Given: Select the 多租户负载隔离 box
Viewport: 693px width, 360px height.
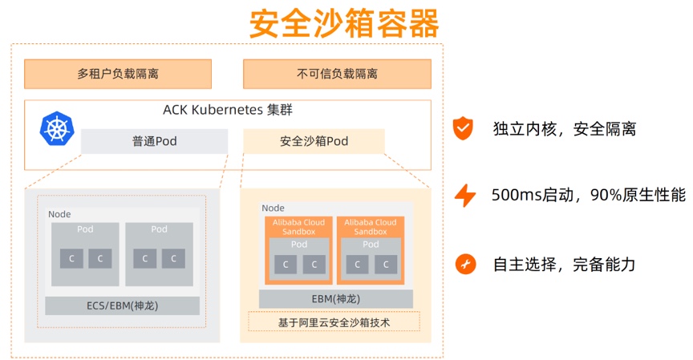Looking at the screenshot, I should [118, 74].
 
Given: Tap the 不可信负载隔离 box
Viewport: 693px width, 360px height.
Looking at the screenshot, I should [337, 74].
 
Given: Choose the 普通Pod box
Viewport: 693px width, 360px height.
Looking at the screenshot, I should [155, 141].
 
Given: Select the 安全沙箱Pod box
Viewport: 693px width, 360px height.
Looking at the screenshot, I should [314, 141].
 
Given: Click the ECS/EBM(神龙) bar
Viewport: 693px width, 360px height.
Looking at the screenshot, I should [122, 305].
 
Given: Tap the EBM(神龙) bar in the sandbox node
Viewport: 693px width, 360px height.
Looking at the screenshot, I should [335, 299].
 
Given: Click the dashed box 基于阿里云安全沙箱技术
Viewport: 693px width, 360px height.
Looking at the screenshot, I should [334, 322].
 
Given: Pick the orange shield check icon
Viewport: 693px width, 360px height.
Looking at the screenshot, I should [464, 128].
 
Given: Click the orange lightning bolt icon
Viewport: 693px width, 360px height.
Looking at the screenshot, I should [464, 195].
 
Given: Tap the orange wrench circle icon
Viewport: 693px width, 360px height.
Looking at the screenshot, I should [464, 263].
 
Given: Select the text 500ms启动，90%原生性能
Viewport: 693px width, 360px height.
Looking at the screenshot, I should [589, 195].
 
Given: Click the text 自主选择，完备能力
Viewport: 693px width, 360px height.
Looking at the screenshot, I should [565, 263].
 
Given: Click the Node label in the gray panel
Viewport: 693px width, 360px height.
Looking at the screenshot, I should [59, 214].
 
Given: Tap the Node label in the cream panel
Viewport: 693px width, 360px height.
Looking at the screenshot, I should [273, 208].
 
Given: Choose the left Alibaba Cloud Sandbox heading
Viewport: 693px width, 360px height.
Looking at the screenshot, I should [298, 227].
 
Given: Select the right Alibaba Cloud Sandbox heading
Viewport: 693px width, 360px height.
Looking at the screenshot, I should [371, 227].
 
